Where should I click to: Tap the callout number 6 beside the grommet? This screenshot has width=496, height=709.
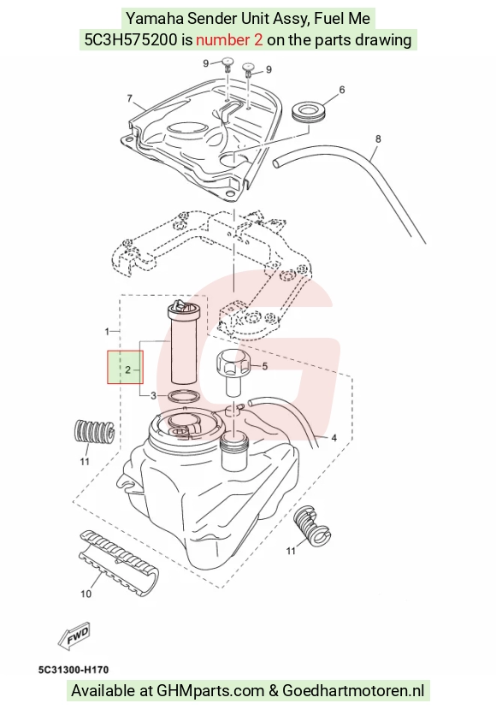pyautogui.click(x=342, y=90)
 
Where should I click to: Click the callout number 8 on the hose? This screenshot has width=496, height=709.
pyautogui.click(x=378, y=139)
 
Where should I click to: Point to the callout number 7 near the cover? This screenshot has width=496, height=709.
pyautogui.click(x=130, y=98)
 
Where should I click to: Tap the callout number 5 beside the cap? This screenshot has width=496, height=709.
pyautogui.click(x=265, y=366)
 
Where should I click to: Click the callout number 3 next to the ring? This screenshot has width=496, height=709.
pyautogui.click(x=153, y=396)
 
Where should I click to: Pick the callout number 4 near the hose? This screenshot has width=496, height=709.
pyautogui.click(x=334, y=438)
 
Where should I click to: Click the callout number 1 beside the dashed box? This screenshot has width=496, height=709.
pyautogui.click(x=107, y=332)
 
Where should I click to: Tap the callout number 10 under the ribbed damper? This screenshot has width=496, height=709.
pyautogui.click(x=86, y=594)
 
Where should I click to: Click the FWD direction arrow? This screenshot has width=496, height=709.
pyautogui.click(x=74, y=635)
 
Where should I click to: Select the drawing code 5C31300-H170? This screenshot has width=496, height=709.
pyautogui.click(x=74, y=669)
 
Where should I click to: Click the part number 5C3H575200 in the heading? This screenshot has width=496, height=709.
pyautogui.click(x=131, y=40)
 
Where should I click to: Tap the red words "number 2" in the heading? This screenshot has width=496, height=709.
pyautogui.click(x=229, y=40)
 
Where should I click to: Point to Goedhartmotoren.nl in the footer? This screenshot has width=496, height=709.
pyautogui.click(x=353, y=690)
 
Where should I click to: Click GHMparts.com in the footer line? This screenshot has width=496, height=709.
pyautogui.click(x=210, y=690)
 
